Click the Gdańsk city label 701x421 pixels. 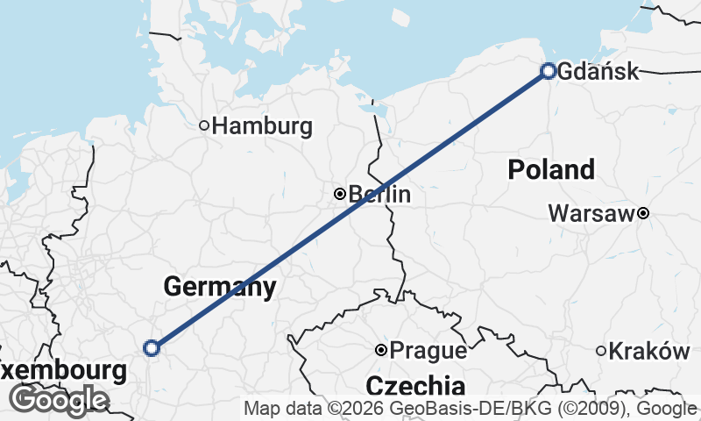tap(598, 72)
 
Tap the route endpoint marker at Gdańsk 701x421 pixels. tap(549, 71)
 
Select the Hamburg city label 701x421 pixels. tap(262, 126)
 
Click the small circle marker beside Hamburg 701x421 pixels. tap(204, 125)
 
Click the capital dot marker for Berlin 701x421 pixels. tap(340, 194)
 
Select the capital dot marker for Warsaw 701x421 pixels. tap(643, 213)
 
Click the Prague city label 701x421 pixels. tap(428, 351)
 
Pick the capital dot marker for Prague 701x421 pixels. tap(381, 350)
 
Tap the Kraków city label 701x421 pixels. tap(649, 351)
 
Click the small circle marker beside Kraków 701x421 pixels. tap(601, 351)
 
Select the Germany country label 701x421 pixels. tap(220, 286)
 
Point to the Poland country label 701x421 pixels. tap(551, 169)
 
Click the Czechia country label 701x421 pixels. tap(415, 385)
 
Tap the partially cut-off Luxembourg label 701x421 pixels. tap(63, 371)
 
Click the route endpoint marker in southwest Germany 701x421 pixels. tap(152, 348)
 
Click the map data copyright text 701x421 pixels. tap(471, 409)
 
